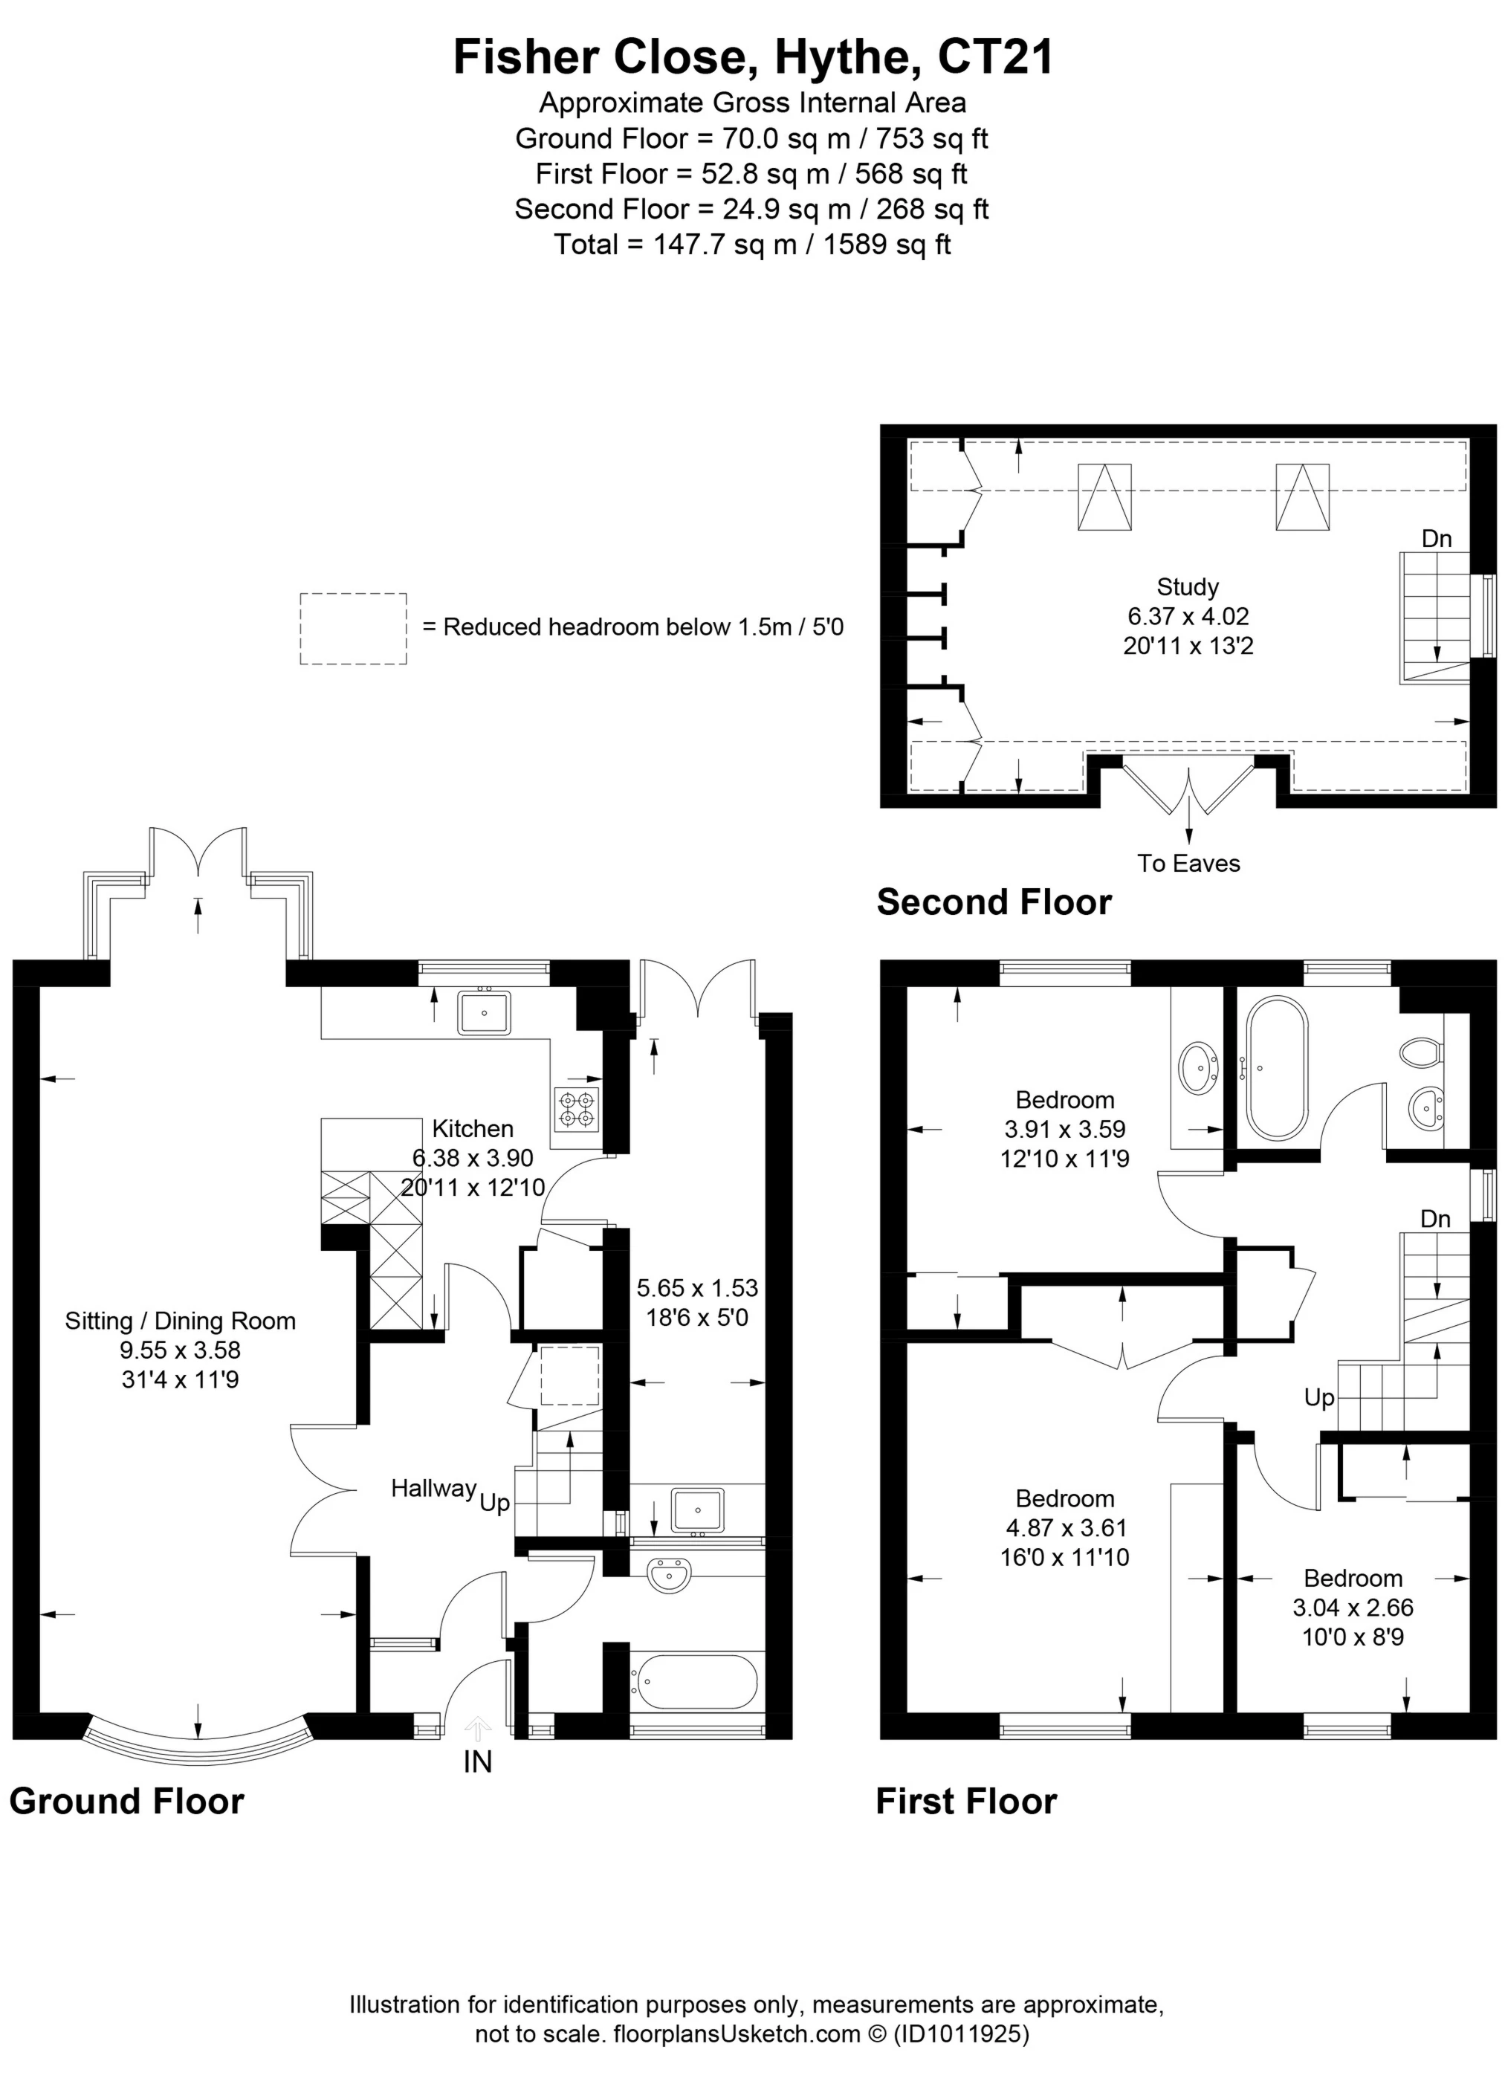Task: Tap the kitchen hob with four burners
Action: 575,1108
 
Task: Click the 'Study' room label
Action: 1187,586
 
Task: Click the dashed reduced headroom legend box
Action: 353,629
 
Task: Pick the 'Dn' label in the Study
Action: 1436,538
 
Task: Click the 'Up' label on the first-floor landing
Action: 1318,1397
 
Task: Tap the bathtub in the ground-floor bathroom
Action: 693,1681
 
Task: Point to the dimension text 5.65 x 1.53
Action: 696,1287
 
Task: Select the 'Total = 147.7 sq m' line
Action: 751,245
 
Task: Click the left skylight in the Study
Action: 1104,497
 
